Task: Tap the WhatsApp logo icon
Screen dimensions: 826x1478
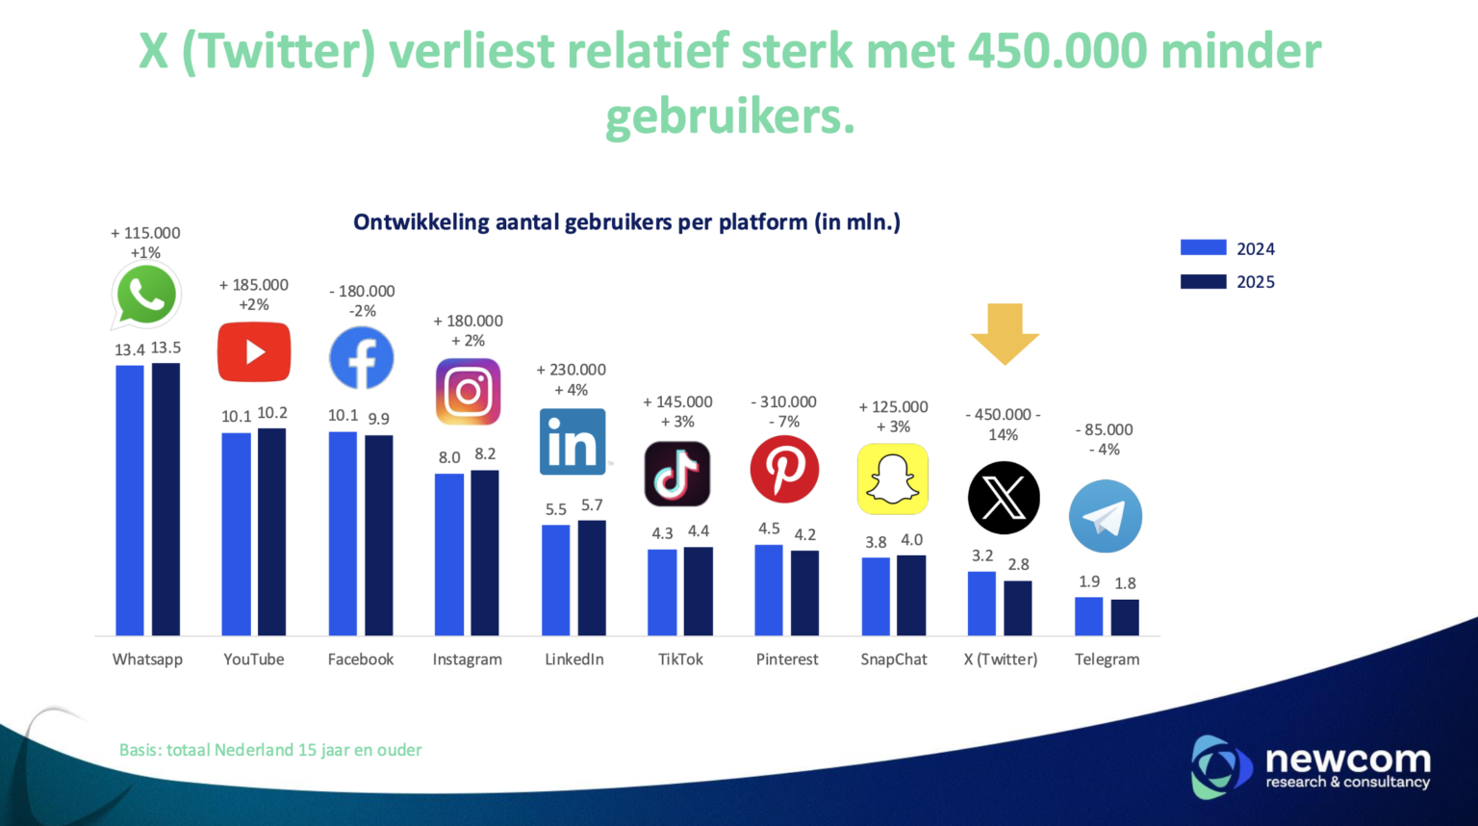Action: (146, 296)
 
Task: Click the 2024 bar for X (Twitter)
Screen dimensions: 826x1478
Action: (981, 604)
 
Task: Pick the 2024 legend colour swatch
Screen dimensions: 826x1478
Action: (1203, 247)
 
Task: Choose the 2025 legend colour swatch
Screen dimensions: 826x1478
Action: (1203, 281)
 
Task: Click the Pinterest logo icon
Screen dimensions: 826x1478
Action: (784, 469)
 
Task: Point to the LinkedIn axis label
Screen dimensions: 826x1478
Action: (574, 659)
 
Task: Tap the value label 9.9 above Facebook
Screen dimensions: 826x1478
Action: (379, 419)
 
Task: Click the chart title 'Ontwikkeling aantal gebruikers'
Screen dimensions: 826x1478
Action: (626, 222)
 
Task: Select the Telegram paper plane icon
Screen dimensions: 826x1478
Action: (1106, 517)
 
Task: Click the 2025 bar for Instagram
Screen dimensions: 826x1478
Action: (485, 553)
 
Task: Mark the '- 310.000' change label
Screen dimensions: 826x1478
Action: (783, 401)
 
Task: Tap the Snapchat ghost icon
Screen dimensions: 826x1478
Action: (892, 478)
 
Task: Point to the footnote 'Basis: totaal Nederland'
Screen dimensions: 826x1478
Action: (270, 750)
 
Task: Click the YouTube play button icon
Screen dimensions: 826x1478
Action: (254, 352)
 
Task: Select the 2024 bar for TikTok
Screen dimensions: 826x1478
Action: (662, 592)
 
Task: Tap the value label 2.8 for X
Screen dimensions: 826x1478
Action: (1018, 565)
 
